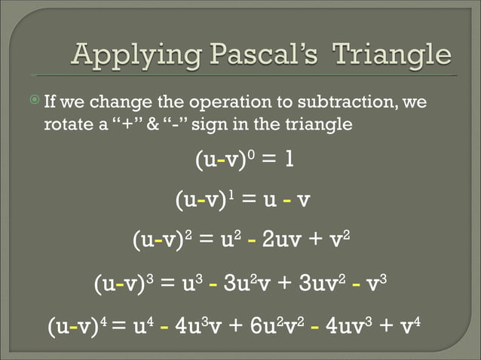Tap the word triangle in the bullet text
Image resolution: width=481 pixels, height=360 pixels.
coord(323,123)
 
